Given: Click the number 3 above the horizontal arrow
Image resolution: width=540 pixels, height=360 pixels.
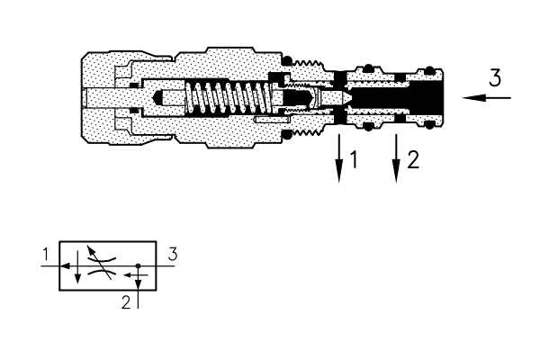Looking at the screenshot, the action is [x=495, y=78].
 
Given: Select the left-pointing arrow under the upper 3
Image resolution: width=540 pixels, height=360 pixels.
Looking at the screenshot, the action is [x=486, y=98].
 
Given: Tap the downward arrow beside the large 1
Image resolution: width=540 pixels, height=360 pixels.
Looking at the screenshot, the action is [x=339, y=158].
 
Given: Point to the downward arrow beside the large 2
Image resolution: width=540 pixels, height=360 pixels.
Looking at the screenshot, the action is [x=396, y=158].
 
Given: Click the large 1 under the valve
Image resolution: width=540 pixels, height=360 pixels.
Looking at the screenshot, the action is [x=354, y=160].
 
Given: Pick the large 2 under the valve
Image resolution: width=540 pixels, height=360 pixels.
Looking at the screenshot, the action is [x=413, y=160].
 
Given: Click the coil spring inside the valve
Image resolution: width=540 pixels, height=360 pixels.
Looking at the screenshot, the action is [x=229, y=97].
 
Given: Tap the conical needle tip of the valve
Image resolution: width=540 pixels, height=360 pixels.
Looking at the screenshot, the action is [x=346, y=97].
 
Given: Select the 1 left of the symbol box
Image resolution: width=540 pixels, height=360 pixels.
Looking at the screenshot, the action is [x=46, y=255].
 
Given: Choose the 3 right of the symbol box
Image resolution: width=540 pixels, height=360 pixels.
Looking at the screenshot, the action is [x=173, y=254].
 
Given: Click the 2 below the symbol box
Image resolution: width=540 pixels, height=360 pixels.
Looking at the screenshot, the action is [x=126, y=302].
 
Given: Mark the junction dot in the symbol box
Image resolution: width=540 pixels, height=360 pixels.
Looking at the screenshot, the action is [x=138, y=265].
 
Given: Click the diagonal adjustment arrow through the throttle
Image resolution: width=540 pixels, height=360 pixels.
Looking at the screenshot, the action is [x=99, y=262].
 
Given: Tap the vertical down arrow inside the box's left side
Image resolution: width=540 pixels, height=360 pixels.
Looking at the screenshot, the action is [x=77, y=267].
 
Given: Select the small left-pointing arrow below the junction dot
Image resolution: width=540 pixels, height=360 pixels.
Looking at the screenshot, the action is [x=136, y=274].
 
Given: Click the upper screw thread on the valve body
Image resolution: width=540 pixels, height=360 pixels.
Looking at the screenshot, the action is [x=309, y=63].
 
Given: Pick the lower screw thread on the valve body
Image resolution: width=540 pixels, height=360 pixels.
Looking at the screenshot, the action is [x=309, y=132].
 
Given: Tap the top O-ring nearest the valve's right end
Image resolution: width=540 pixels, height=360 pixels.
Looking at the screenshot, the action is [x=429, y=70].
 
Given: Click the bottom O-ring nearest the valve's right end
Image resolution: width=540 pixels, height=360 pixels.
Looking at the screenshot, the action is [x=429, y=125].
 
